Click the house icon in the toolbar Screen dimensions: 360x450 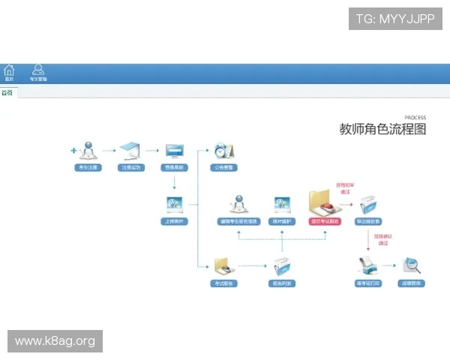(x=9, y=70)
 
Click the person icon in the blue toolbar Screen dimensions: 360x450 (x=38, y=70)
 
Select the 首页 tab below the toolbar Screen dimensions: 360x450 (x=7, y=93)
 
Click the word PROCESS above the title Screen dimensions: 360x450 (x=415, y=118)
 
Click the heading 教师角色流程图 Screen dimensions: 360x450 (x=382, y=129)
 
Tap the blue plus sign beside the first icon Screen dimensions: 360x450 (x=73, y=151)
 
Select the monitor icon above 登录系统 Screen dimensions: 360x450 (x=175, y=150)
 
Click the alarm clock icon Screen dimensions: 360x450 (x=223, y=150)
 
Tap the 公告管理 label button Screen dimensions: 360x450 (x=223, y=168)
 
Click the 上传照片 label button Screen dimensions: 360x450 (x=175, y=221)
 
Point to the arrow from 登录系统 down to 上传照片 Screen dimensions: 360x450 (x=175, y=182)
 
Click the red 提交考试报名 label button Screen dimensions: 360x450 (x=324, y=221)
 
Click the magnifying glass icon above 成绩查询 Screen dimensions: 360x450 (x=411, y=265)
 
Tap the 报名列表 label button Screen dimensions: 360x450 (x=282, y=283)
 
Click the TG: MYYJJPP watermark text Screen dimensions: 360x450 (x=395, y=19)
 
